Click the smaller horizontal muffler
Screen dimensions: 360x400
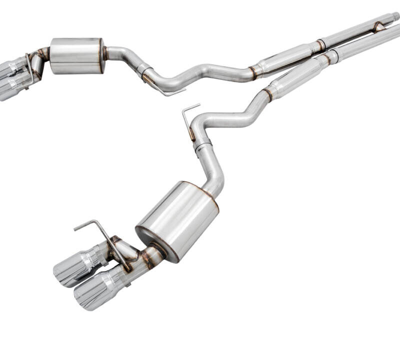[x=76, y=55]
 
